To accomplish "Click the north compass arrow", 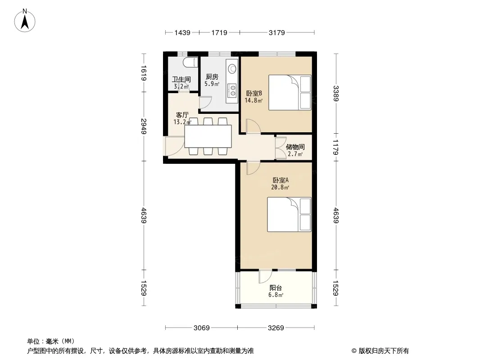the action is tap(25, 22).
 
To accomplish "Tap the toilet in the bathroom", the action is tap(189, 62).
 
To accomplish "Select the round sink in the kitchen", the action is tap(232, 67).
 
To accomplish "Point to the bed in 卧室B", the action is tap(290, 92).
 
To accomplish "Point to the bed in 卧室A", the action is tap(289, 214).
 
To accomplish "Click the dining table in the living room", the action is tap(208, 136).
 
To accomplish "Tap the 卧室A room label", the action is tap(281, 180).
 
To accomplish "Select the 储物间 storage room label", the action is tap(295, 147).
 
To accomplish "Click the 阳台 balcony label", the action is tap(276, 288).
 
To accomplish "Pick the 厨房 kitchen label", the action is tap(212, 77).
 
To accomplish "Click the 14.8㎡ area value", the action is tap(254, 100).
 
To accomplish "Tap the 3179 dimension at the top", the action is tap(277, 32).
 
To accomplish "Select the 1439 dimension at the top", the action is tap(182, 32).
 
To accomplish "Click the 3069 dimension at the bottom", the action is tap(201, 328).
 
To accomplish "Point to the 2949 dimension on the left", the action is tap(144, 126).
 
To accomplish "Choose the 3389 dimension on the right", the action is tap(336, 94).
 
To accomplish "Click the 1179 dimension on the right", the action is tap(336, 148).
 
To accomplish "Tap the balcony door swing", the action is tap(264, 276).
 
